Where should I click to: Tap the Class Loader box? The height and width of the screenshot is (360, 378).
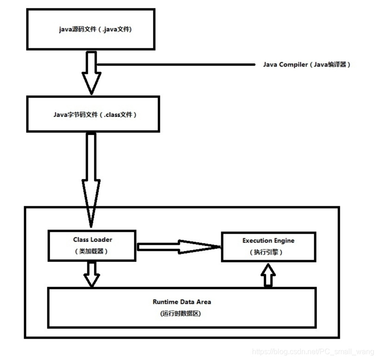point(93,245)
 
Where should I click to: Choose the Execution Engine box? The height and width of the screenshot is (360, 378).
point(268,246)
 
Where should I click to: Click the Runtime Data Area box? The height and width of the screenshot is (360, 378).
point(182,307)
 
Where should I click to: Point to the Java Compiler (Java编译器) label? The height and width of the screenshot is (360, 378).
point(306,65)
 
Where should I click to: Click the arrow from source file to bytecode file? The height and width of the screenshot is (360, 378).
point(92,72)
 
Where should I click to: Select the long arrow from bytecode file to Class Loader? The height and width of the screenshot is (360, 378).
point(92,177)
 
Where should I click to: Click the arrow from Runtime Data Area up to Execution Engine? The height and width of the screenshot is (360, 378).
point(268,275)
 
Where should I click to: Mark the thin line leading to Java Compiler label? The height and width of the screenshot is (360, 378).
point(177,65)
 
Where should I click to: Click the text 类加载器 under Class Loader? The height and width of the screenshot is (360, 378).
point(93,251)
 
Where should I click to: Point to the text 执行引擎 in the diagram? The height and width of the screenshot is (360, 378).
point(268,252)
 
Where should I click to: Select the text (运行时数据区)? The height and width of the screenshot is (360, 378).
point(182,314)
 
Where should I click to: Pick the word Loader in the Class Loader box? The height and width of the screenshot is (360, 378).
point(101,240)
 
